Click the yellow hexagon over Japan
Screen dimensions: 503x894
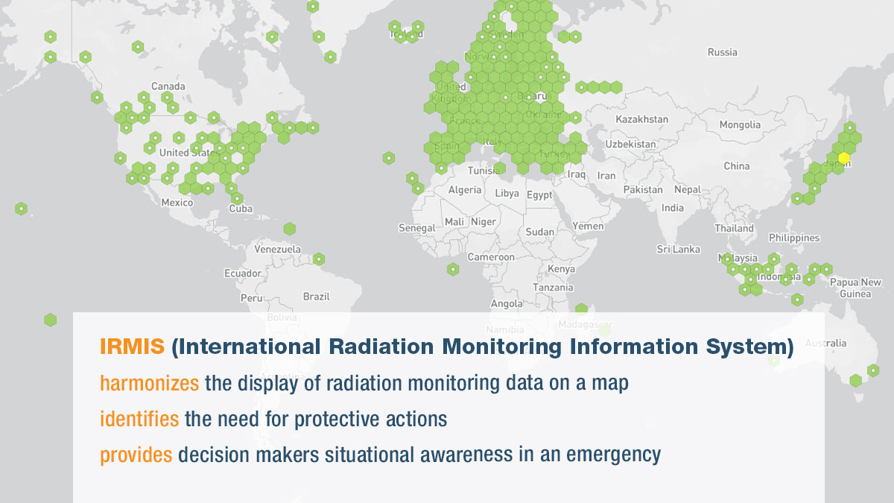(x=843, y=158)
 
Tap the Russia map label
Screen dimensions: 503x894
(x=722, y=52)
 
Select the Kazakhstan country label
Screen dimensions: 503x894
(x=642, y=119)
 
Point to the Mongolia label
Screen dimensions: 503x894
(x=740, y=124)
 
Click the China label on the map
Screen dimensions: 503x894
(x=736, y=165)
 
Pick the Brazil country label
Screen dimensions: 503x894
(x=316, y=297)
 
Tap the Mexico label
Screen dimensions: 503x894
(x=177, y=203)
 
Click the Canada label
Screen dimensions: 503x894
(x=168, y=86)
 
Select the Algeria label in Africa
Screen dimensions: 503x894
(x=465, y=190)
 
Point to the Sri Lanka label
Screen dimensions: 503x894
(x=678, y=249)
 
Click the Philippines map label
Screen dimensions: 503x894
(x=794, y=238)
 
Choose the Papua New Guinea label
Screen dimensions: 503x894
(x=855, y=288)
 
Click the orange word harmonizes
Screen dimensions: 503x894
(x=150, y=383)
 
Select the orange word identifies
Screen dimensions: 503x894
(x=139, y=419)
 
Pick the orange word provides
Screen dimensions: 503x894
(x=136, y=455)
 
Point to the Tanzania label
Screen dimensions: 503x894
(x=553, y=288)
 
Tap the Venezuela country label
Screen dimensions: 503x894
(x=277, y=249)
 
